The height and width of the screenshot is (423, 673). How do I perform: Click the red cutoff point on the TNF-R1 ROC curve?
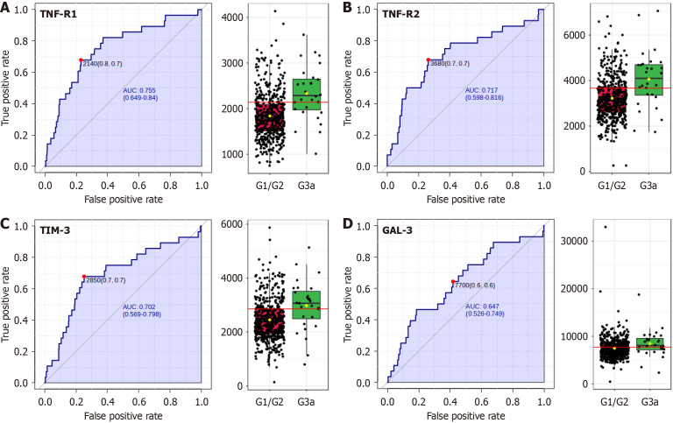pos(81,60)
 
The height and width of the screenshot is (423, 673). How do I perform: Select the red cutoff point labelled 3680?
pos(428,60)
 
